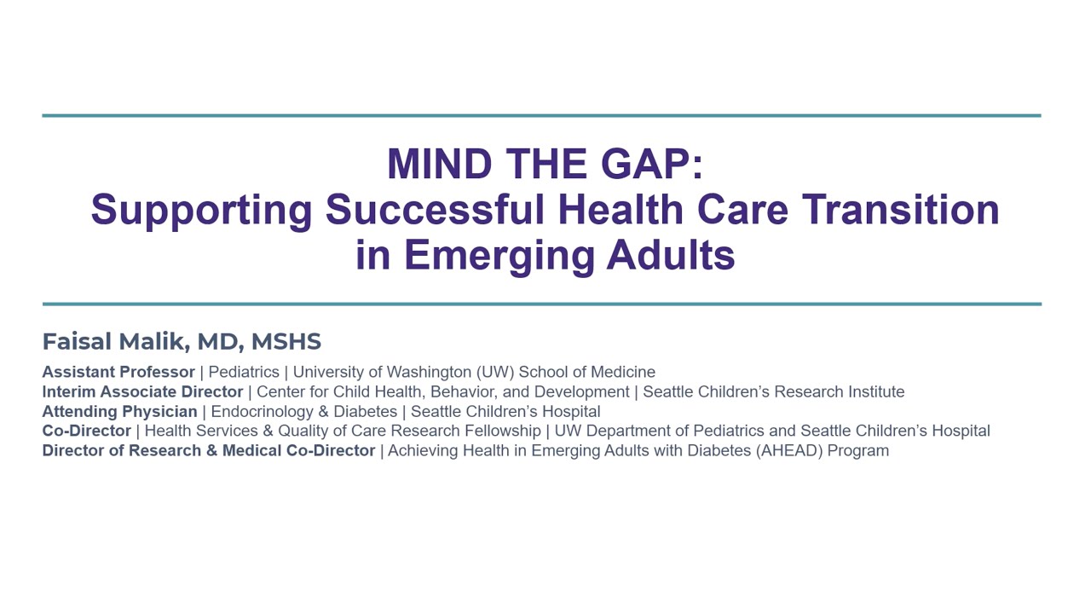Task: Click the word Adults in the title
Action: pos(670,255)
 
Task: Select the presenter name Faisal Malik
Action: pos(114,342)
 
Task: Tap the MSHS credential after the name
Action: pos(286,342)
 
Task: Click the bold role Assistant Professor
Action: pos(118,372)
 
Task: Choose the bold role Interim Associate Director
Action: pos(142,391)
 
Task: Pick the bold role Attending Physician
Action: pos(119,411)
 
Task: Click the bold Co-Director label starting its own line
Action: pos(86,431)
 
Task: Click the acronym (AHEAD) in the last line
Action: pos(789,450)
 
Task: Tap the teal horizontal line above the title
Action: pos(541,115)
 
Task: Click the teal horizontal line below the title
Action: pos(541,304)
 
